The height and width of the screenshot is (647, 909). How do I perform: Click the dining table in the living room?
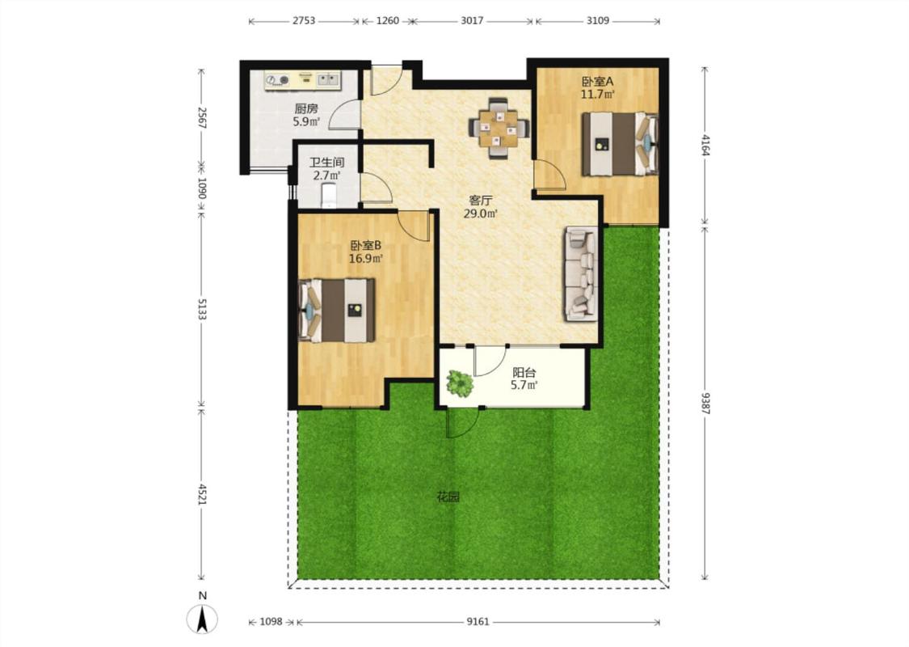click(x=499, y=129)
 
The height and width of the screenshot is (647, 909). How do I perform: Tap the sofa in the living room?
click(x=580, y=273)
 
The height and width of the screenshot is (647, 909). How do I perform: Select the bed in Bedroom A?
click(x=620, y=144)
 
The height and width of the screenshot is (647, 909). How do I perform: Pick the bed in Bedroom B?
click(x=335, y=311)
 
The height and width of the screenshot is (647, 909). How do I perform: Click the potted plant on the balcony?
click(x=459, y=383)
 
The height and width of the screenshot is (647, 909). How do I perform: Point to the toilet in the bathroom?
click(x=329, y=195)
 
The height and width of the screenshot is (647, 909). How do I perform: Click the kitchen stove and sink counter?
click(x=303, y=80)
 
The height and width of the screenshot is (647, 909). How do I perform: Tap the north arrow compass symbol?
click(x=202, y=618)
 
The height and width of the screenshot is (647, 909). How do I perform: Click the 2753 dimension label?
click(x=303, y=21)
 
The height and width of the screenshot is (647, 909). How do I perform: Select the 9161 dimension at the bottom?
click(x=478, y=622)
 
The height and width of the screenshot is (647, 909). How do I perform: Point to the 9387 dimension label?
click(x=705, y=403)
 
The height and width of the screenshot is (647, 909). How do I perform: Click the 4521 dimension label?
click(x=202, y=494)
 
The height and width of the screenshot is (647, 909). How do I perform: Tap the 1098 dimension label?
click(x=271, y=622)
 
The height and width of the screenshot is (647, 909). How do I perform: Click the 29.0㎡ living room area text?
click(x=481, y=214)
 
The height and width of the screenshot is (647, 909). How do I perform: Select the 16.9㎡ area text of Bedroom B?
click(x=366, y=259)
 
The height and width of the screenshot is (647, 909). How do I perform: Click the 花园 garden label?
click(x=448, y=497)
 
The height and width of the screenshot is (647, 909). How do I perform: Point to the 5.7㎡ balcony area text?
click(x=524, y=385)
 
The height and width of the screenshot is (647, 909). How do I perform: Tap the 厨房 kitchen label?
click(x=306, y=108)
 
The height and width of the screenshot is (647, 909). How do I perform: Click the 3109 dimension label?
click(x=598, y=21)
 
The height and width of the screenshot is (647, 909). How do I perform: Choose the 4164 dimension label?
click(x=705, y=145)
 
